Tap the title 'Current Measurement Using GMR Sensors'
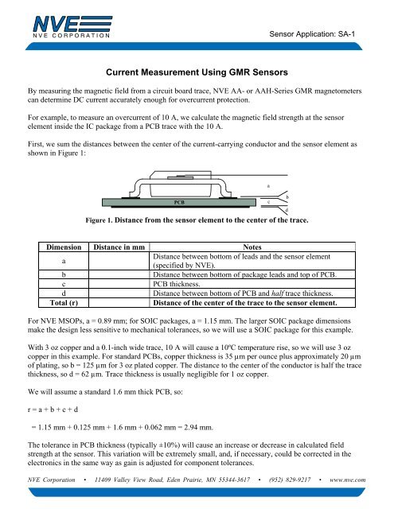click(x=196, y=71)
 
